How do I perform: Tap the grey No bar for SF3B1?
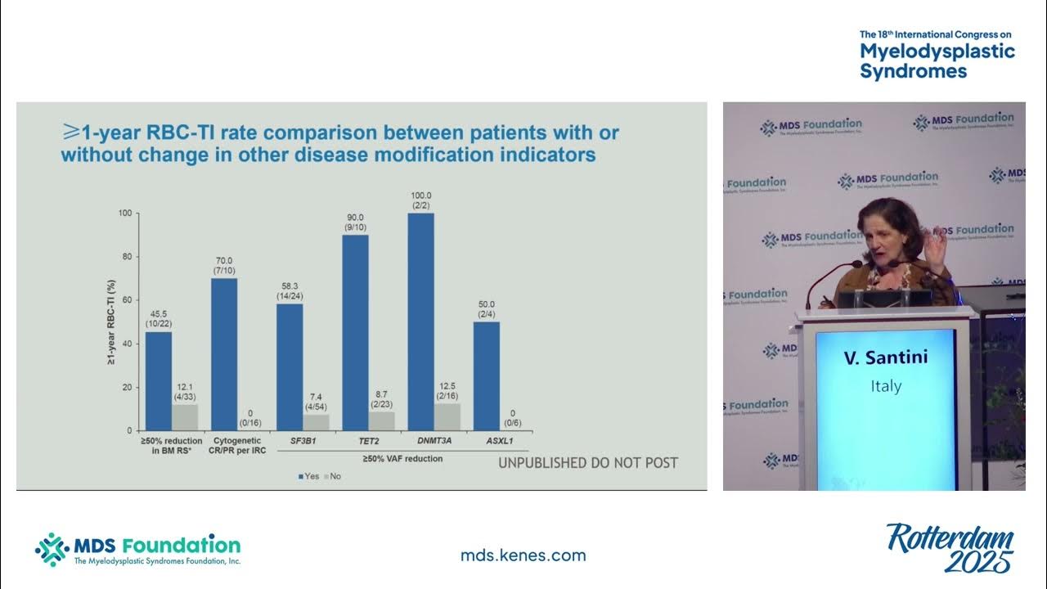click(x=316, y=421)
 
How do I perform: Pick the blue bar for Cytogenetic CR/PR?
click(x=224, y=353)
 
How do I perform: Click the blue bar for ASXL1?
click(x=486, y=375)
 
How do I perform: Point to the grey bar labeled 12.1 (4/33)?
click(x=185, y=416)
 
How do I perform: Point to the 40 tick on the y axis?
click(x=125, y=344)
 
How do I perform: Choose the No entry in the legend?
click(x=334, y=476)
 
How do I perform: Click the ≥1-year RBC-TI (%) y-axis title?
click(x=111, y=321)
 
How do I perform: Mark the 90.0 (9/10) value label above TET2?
click(x=355, y=221)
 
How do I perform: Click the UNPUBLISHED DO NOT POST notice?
click(x=588, y=463)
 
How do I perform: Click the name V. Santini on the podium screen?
click(x=886, y=357)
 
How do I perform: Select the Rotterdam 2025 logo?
click(x=950, y=548)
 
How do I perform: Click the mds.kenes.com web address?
click(x=523, y=555)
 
